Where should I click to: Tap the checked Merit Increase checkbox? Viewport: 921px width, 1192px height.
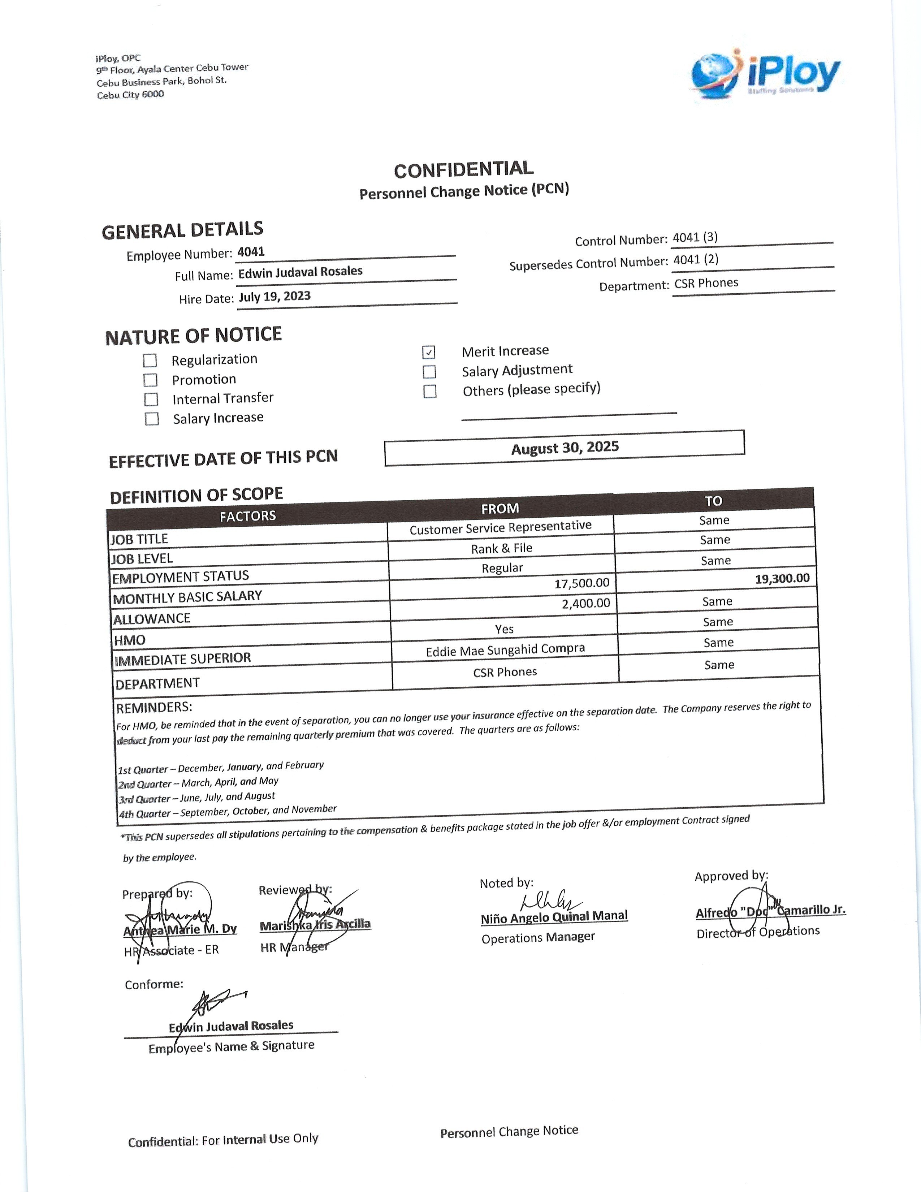pos(429,352)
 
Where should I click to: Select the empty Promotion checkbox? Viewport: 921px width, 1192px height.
pos(151,380)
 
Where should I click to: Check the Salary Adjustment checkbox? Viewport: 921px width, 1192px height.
pos(429,372)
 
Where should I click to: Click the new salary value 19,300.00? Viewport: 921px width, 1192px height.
pos(782,579)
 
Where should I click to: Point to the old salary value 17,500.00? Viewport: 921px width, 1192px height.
pos(581,583)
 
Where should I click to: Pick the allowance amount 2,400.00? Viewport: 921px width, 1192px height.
pos(586,604)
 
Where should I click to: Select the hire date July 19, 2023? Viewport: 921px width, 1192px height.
pos(274,296)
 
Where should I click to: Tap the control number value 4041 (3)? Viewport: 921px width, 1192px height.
pos(695,237)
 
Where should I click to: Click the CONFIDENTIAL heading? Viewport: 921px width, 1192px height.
pos(464,170)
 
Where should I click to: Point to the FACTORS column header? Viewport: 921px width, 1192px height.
pos(248,516)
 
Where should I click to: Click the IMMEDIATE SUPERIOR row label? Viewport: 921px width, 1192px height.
pos(183,659)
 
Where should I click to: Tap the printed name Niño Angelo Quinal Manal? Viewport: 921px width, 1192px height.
pos(554,917)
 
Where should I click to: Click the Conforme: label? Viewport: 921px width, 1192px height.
pos(154,985)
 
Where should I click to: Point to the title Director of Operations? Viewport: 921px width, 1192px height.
pos(758,932)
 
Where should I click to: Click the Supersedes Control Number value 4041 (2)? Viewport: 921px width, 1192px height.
pos(696,259)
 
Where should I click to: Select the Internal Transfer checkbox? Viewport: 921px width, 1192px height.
pos(151,400)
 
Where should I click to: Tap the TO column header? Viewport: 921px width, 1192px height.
pos(713,501)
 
